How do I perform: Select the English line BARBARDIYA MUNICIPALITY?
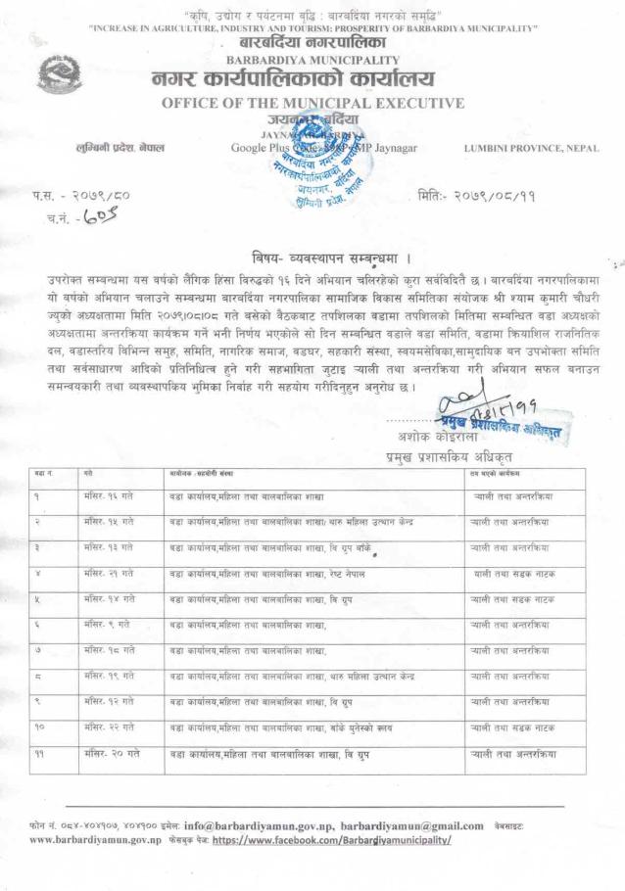pyautogui.click(x=312, y=58)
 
